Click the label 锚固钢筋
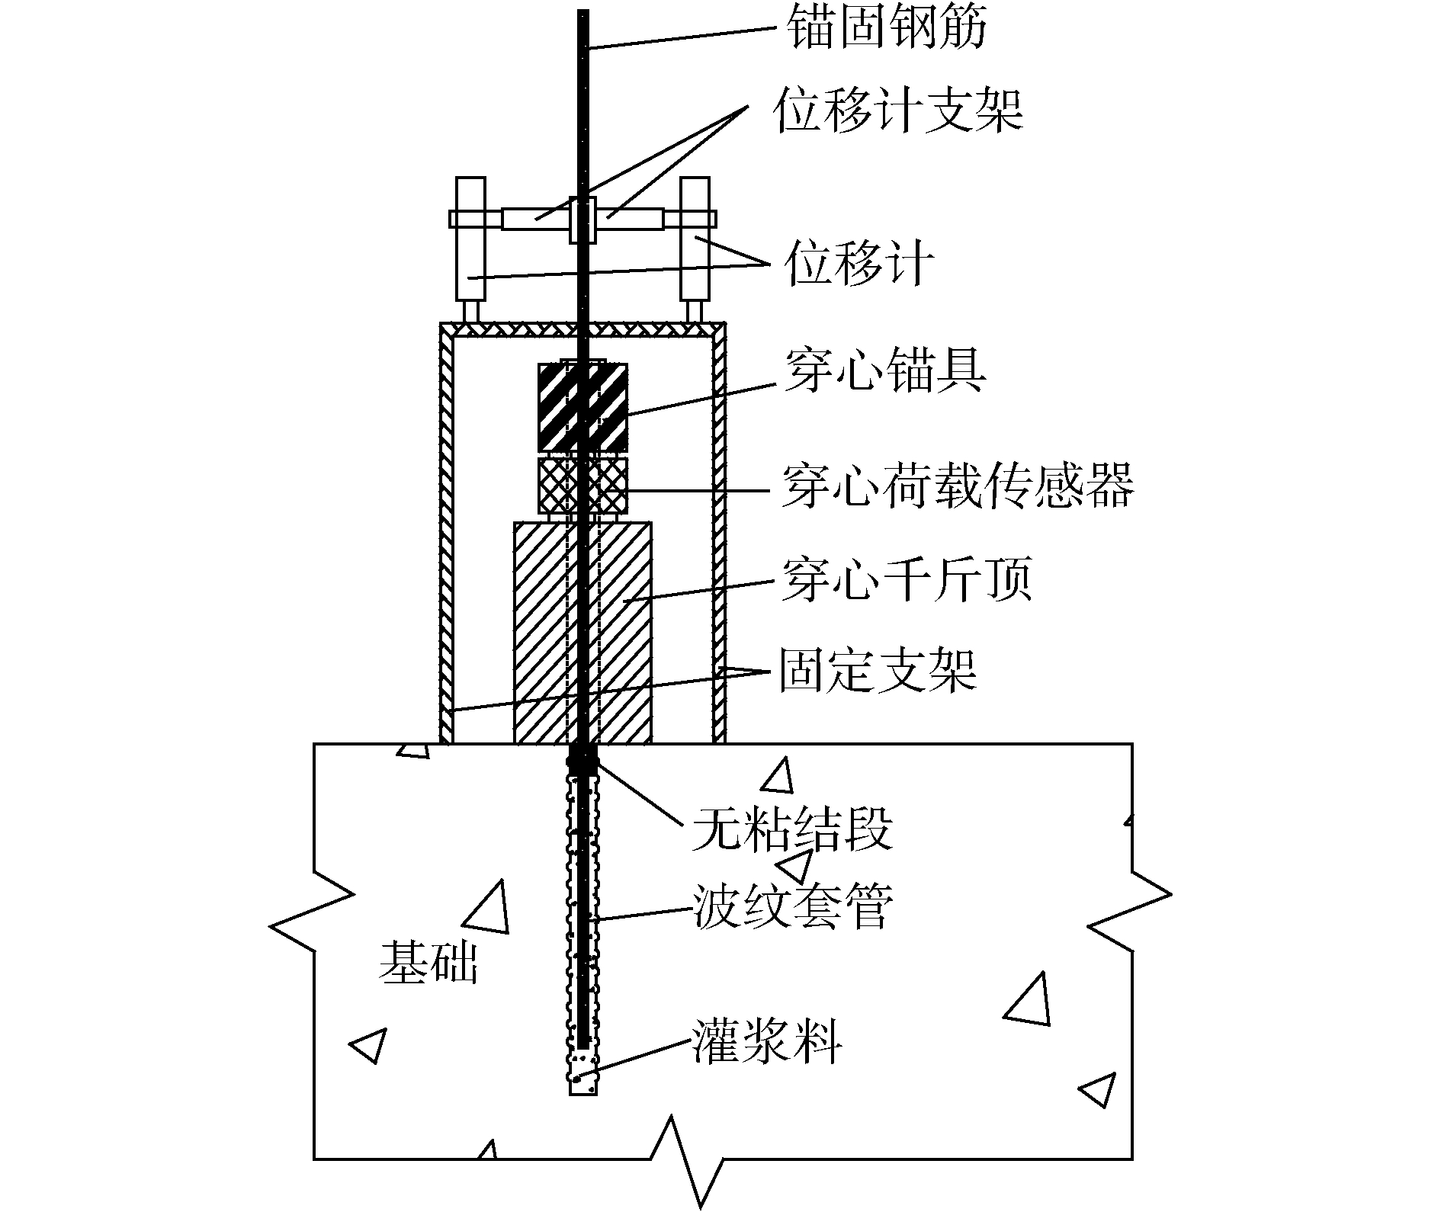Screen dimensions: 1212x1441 coord(886,29)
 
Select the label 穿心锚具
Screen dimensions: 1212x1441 coord(884,373)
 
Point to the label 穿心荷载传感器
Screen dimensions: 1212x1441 coord(958,487)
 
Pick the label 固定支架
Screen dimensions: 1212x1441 coord(877,672)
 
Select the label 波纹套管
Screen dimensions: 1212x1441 coord(791,908)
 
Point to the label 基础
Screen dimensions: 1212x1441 coord(428,963)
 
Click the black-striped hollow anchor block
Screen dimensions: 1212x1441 coord(582,407)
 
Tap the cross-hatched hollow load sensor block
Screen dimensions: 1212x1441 coord(582,486)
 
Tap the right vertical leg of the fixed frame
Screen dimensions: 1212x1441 coord(718,534)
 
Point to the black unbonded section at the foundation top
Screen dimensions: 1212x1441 coord(583,759)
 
